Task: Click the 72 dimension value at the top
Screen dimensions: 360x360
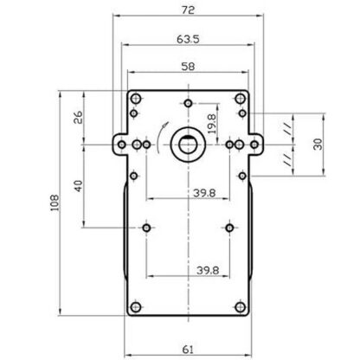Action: (x=188, y=10)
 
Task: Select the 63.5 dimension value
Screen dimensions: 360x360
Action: (x=188, y=39)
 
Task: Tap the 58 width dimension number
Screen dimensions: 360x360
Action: (x=188, y=67)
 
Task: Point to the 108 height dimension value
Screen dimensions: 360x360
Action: (x=55, y=202)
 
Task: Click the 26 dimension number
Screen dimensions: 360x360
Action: (x=78, y=117)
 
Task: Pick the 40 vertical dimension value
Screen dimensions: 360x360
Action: (x=78, y=186)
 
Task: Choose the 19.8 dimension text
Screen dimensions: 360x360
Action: (x=211, y=124)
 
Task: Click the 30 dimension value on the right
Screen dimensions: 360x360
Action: (x=318, y=144)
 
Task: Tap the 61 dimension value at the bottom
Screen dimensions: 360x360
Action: (x=188, y=350)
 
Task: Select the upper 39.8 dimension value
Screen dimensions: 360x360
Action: (x=204, y=193)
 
